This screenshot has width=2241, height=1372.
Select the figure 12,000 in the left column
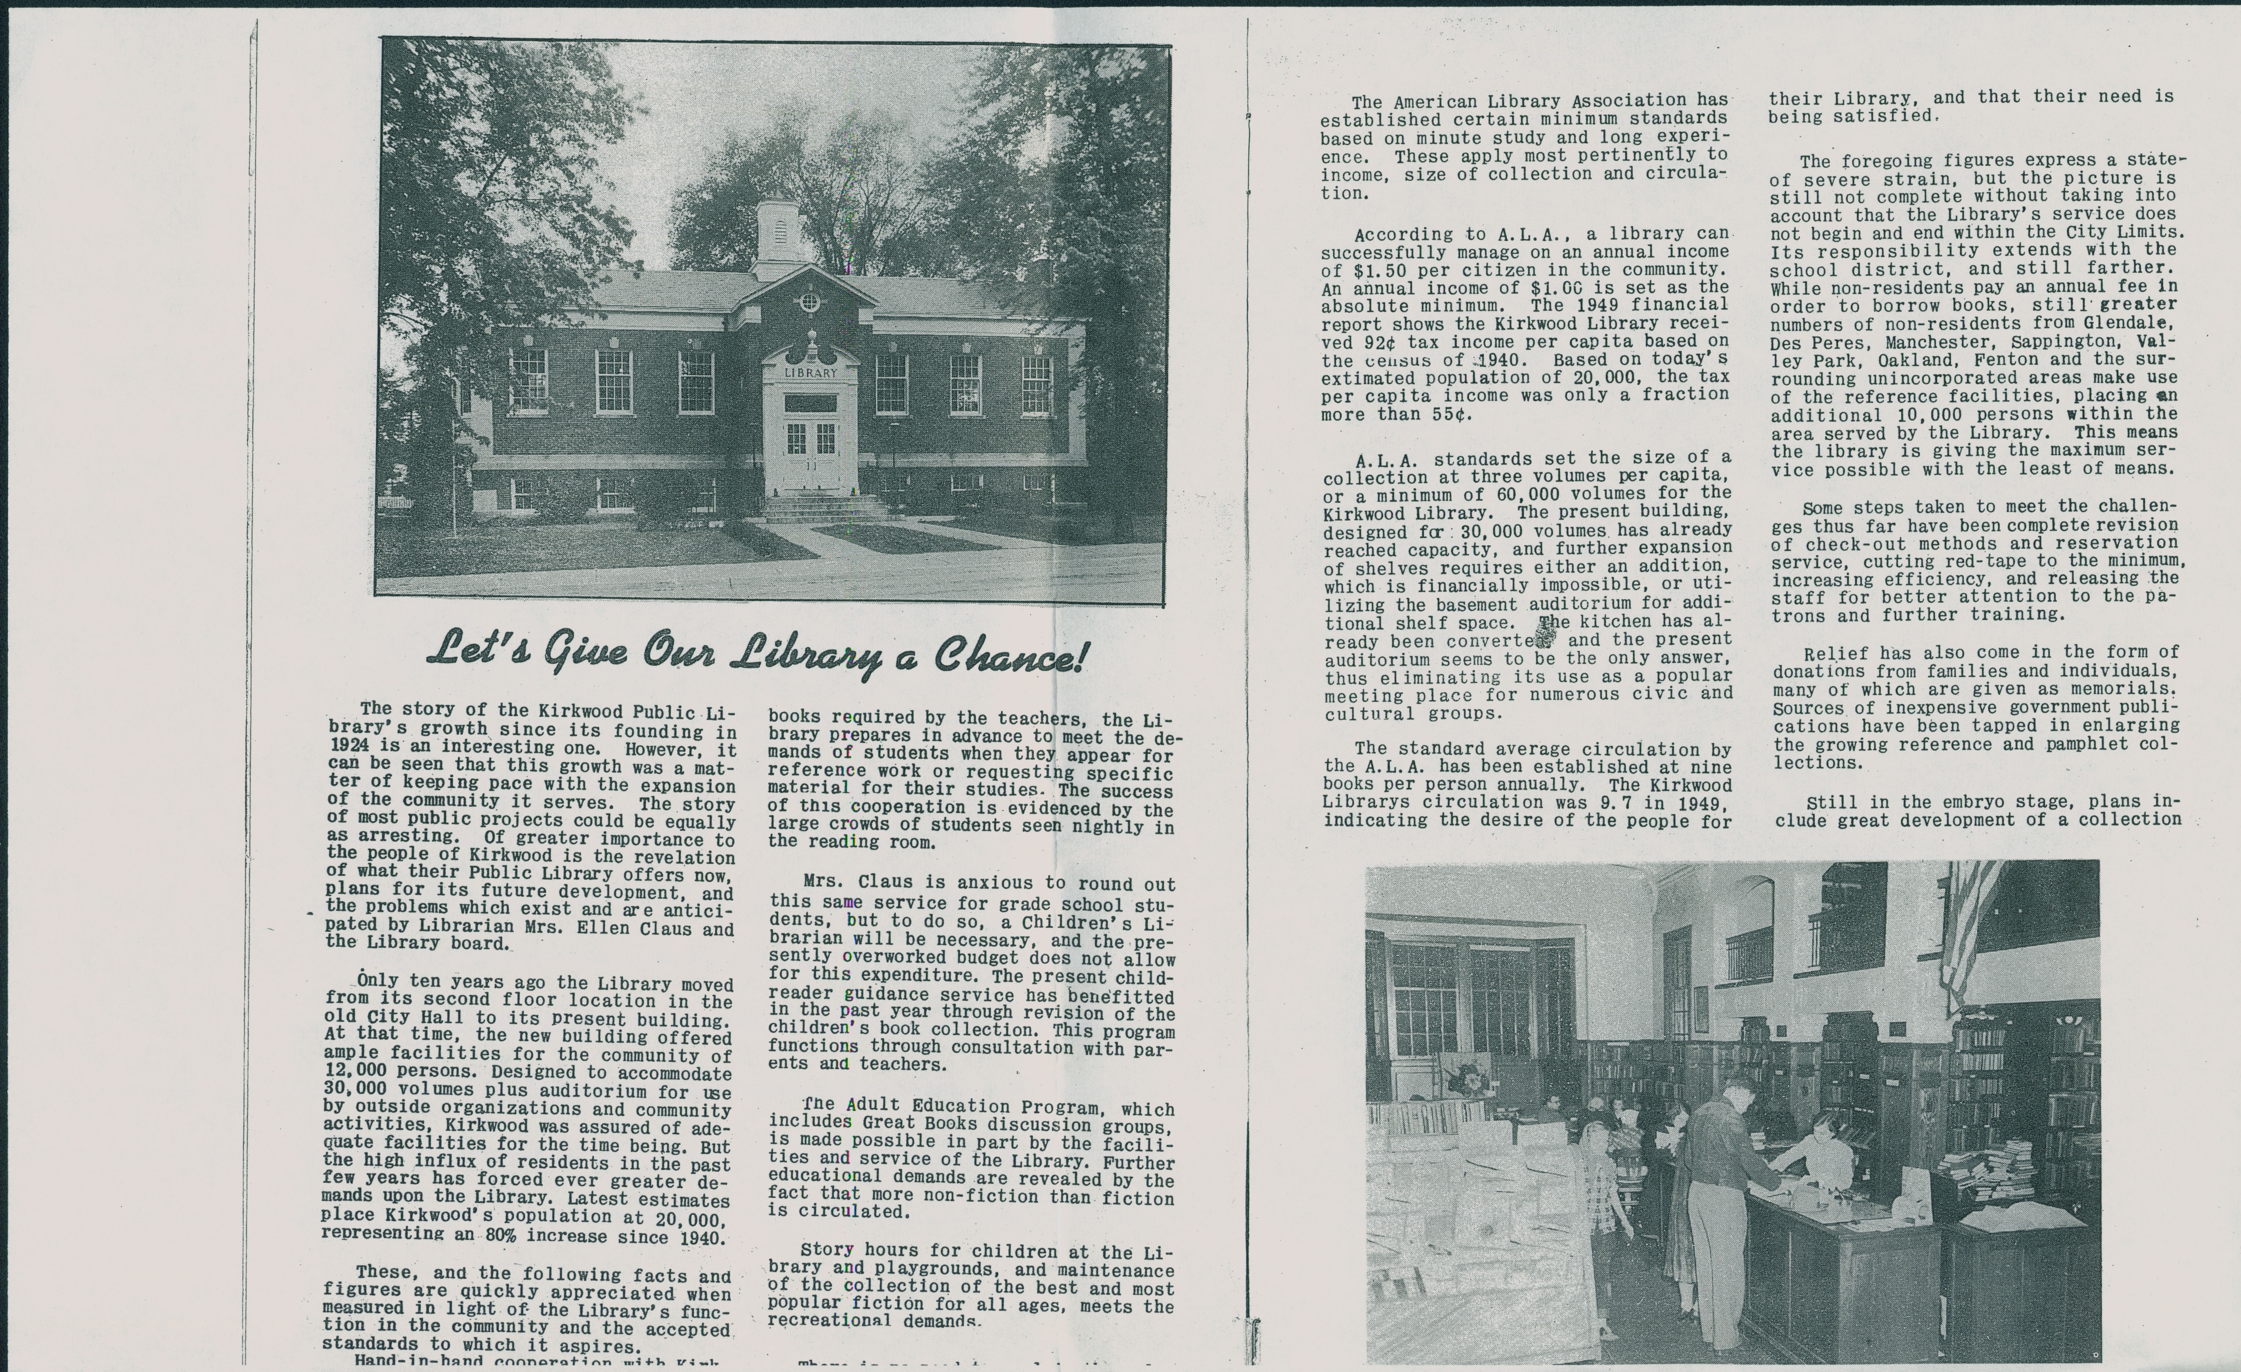click(x=358, y=1072)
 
